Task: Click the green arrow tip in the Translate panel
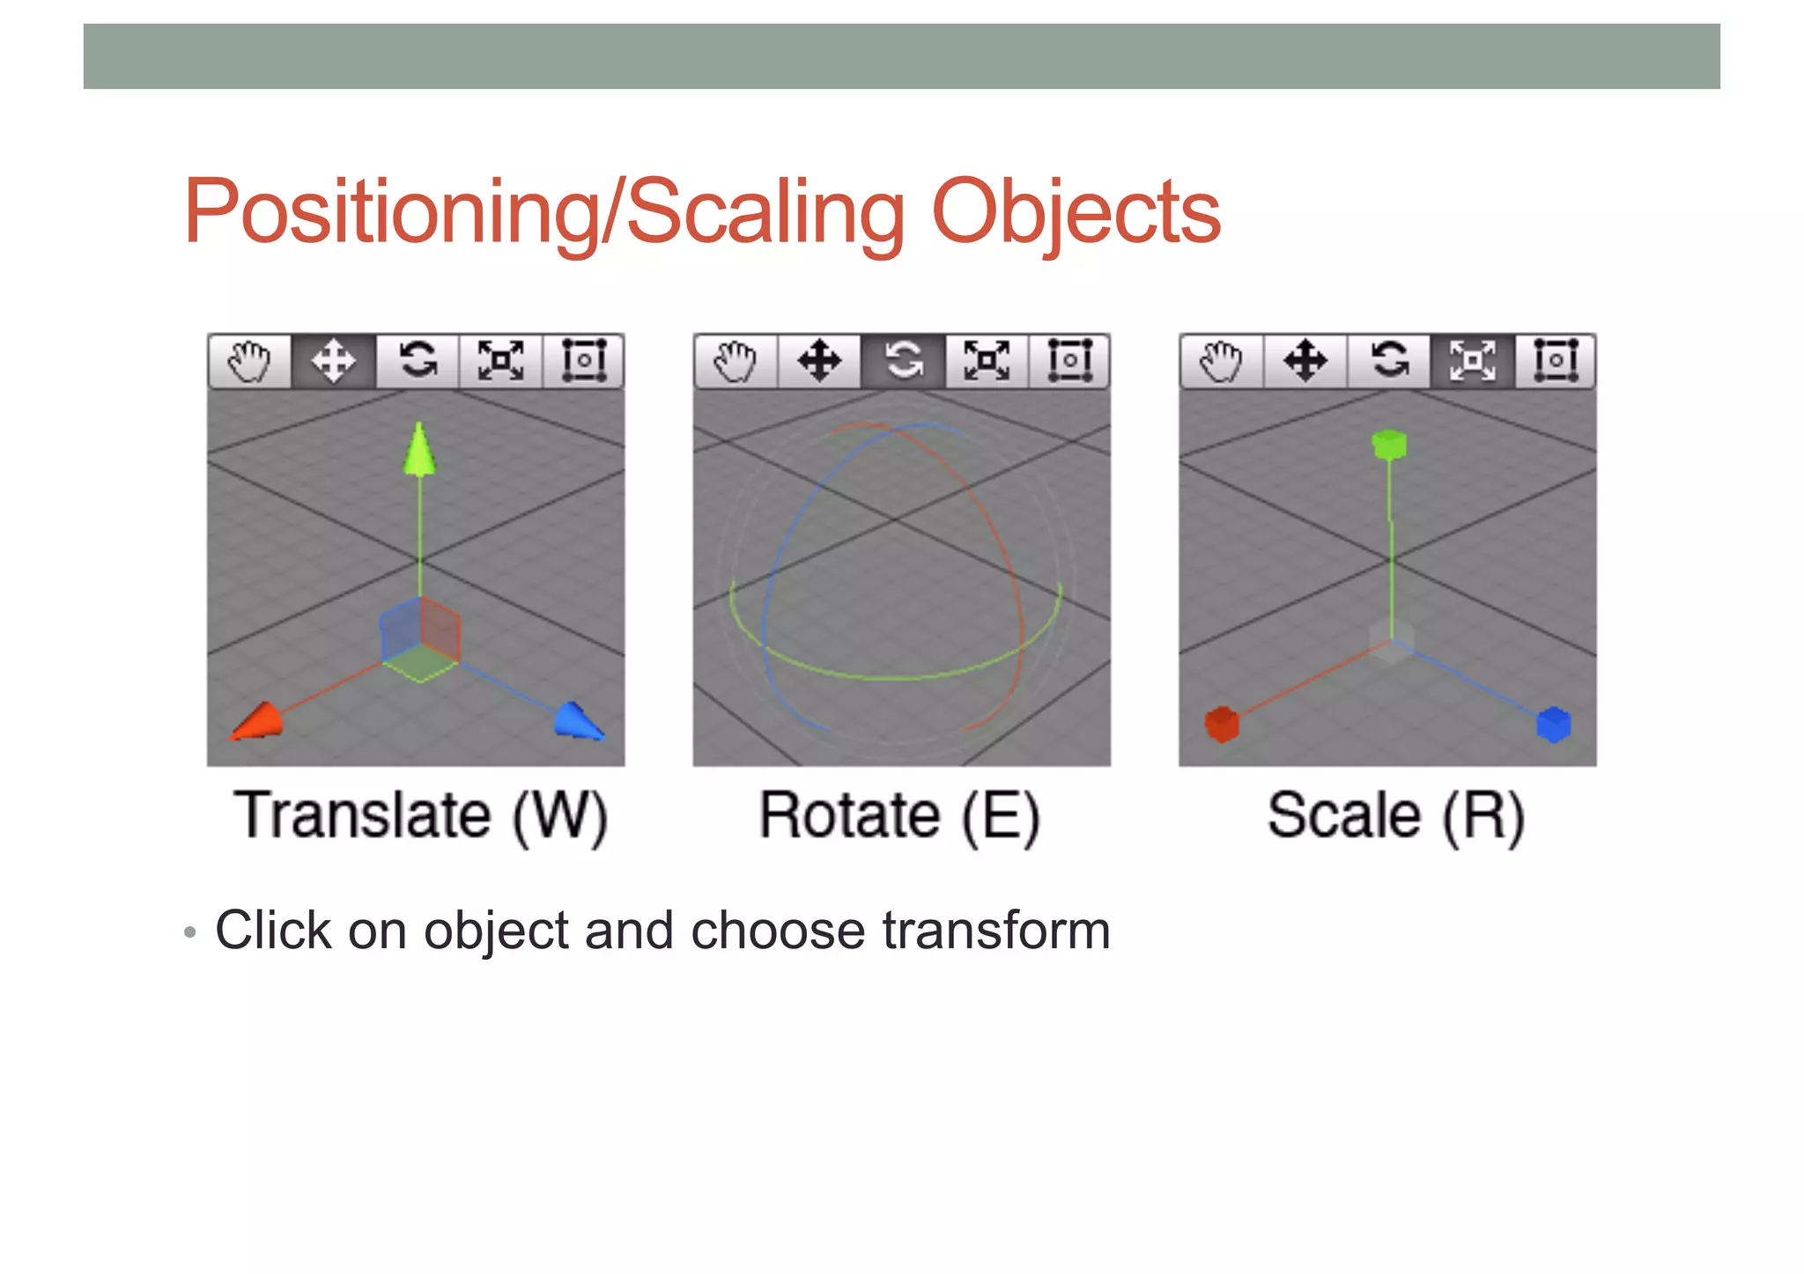[x=419, y=449]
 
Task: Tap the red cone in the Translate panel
[x=258, y=721]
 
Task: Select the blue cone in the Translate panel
[x=578, y=719]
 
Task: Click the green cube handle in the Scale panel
[x=1389, y=444]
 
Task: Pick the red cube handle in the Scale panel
[x=1222, y=725]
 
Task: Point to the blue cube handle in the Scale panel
[x=1553, y=725]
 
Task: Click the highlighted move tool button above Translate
[x=333, y=361]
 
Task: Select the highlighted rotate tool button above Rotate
[x=903, y=361]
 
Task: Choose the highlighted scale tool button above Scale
[x=1472, y=361]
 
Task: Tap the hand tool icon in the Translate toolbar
[x=249, y=361]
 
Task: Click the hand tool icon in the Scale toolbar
[x=1222, y=361]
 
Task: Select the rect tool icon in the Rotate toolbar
[x=1069, y=361]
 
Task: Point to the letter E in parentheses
[x=1001, y=817]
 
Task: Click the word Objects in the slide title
[x=1076, y=213]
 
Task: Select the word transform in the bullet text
[x=996, y=931]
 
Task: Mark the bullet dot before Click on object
[x=189, y=932]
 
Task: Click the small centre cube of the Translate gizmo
[x=420, y=638]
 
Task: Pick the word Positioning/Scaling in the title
[x=544, y=213]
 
